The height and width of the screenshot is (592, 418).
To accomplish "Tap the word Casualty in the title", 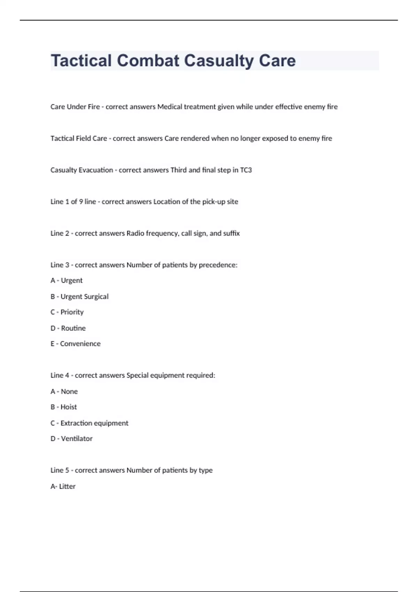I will click(219, 61).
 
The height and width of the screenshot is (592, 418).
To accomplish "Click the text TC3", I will click(246, 170).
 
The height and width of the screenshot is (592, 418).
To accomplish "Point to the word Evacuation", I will click(96, 170).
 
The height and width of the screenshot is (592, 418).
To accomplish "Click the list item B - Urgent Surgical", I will click(79, 297).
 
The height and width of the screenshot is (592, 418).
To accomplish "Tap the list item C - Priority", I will click(67, 312).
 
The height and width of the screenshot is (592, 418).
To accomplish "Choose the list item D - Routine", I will click(68, 328).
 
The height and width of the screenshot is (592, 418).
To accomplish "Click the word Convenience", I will click(80, 344).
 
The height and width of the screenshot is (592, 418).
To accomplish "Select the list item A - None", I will click(64, 391).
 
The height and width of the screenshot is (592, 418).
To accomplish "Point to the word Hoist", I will click(69, 407).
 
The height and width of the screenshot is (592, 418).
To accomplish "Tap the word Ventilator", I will click(77, 439).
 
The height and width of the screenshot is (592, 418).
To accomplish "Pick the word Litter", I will click(67, 486).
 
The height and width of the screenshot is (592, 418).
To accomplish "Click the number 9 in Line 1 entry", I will click(81, 202).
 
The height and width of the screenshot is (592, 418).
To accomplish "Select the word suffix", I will click(231, 233).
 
